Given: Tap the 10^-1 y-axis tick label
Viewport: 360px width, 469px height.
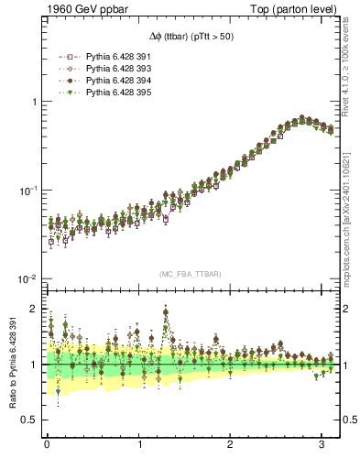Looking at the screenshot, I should tap(30, 190).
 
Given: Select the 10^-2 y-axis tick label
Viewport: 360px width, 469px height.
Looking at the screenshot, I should tap(30, 278).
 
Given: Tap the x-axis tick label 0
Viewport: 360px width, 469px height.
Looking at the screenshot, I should tap(47, 445).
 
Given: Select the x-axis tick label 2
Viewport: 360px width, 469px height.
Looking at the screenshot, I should tap(230, 445).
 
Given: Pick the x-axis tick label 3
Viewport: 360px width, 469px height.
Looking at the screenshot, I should tap(322, 445).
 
